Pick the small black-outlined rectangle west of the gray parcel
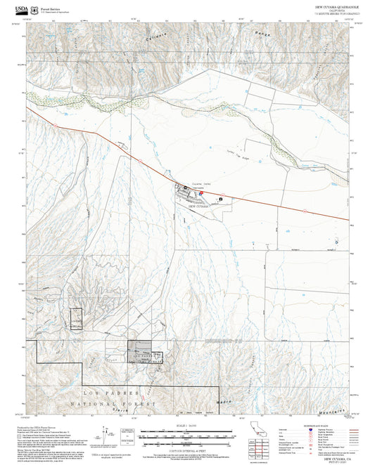75,319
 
